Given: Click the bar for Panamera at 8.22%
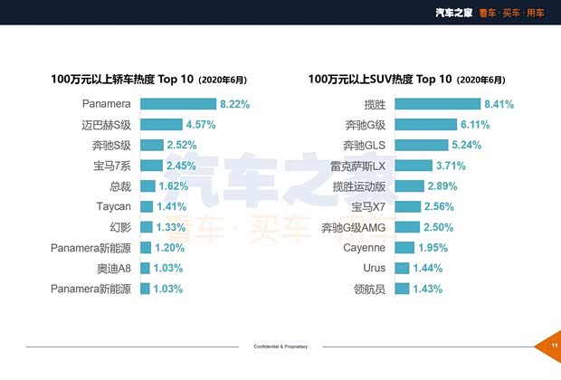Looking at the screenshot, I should coord(177,104).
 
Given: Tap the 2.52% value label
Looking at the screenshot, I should coord(181,145).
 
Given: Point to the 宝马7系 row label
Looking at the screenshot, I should coord(112,166).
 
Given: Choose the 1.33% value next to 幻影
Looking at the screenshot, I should coord(170,227).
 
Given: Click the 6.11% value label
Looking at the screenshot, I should coord(478,125).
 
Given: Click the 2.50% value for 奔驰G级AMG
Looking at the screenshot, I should coord(438,227).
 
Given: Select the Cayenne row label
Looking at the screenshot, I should coord(365,248).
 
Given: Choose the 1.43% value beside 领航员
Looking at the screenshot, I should coord(426,290).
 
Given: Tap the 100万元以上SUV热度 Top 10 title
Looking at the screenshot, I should coord(379,80).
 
